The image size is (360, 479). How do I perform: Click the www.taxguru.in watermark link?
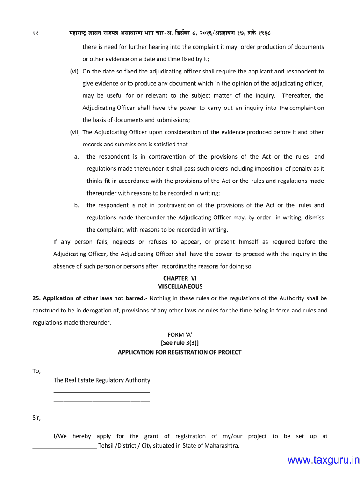point(323,461)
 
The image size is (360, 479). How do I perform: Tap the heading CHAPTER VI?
point(180,278)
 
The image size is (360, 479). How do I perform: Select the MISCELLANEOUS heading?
point(180,286)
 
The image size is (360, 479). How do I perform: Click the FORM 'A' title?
point(180,334)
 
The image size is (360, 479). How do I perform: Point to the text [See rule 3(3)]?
point(180,343)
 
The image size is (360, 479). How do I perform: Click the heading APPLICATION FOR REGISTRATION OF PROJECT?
point(180,352)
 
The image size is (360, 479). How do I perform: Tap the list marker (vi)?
point(74,72)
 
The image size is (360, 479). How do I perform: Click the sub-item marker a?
point(76,157)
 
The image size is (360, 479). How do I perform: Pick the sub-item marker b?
point(76,205)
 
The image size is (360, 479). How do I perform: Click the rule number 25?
point(36,298)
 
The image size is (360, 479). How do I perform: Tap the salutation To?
point(36,371)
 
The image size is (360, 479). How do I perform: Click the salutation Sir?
point(36,418)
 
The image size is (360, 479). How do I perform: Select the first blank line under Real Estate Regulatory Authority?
point(102,391)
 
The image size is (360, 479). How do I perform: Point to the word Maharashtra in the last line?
point(221,445)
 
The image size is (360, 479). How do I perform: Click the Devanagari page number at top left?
point(36,34)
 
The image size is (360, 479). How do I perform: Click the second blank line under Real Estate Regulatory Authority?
point(102,401)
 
